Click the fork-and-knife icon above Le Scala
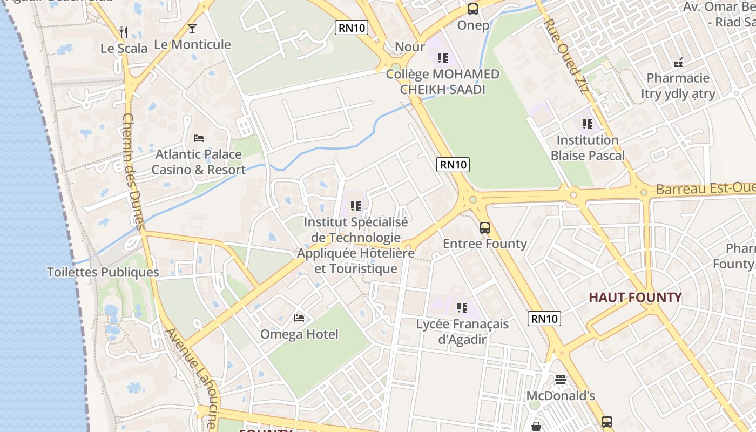pyautogui.click(x=124, y=32)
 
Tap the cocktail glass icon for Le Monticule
pyautogui.click(x=192, y=29)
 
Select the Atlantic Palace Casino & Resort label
pyautogui.click(x=198, y=162)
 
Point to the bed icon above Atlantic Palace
pyautogui.click(x=199, y=138)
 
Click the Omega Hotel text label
pyautogui.click(x=299, y=334)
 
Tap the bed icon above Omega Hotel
pyautogui.click(x=299, y=318)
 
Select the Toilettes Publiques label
pyautogui.click(x=103, y=272)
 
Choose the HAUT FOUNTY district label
pyautogui.click(x=635, y=298)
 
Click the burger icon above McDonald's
pyautogui.click(x=561, y=380)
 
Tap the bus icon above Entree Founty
pyautogui.click(x=485, y=227)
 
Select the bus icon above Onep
pyautogui.click(x=473, y=9)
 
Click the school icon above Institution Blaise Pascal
pyautogui.click(x=588, y=124)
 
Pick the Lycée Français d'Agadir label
pyautogui.click(x=462, y=332)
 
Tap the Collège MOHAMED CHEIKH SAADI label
pyautogui.click(x=443, y=82)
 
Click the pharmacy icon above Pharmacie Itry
pyautogui.click(x=678, y=62)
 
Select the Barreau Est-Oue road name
pyautogui.click(x=705, y=188)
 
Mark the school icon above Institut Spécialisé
pyautogui.click(x=355, y=206)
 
